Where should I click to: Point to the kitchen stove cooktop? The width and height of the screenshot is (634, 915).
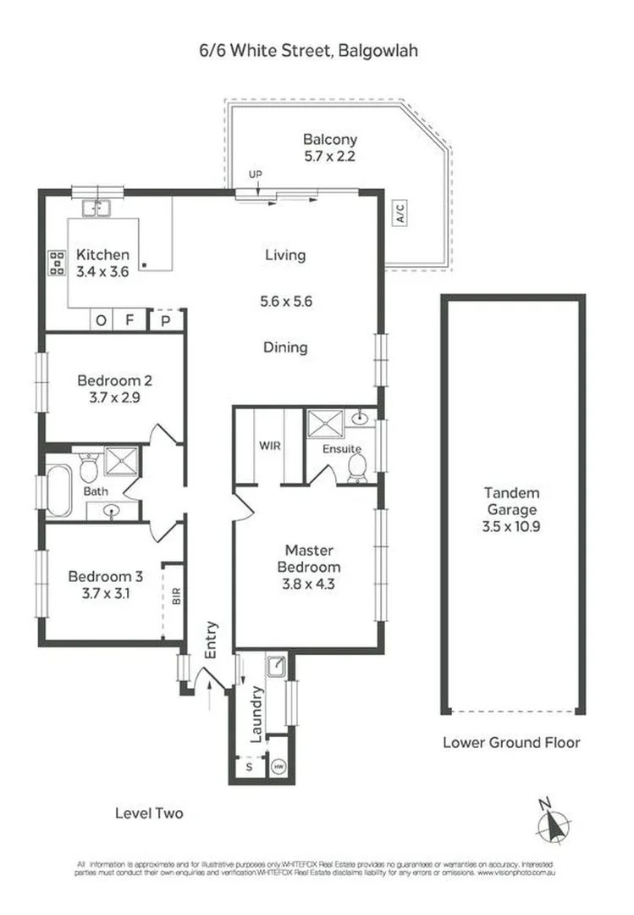[57, 263]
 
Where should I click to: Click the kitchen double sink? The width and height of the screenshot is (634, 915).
[98, 208]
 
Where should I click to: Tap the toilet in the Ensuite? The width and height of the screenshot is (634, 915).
[356, 467]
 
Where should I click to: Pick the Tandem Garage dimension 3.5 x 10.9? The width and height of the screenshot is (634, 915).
[512, 526]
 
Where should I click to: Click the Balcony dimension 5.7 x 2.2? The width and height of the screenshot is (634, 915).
[330, 156]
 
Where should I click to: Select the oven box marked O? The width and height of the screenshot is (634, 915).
[102, 320]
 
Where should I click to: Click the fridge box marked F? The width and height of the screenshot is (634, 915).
[130, 320]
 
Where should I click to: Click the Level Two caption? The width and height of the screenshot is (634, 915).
[149, 813]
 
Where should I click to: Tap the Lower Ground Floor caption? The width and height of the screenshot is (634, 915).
[511, 742]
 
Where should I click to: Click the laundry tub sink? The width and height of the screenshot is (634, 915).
[276, 667]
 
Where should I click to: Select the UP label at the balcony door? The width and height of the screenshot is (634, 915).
[255, 175]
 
